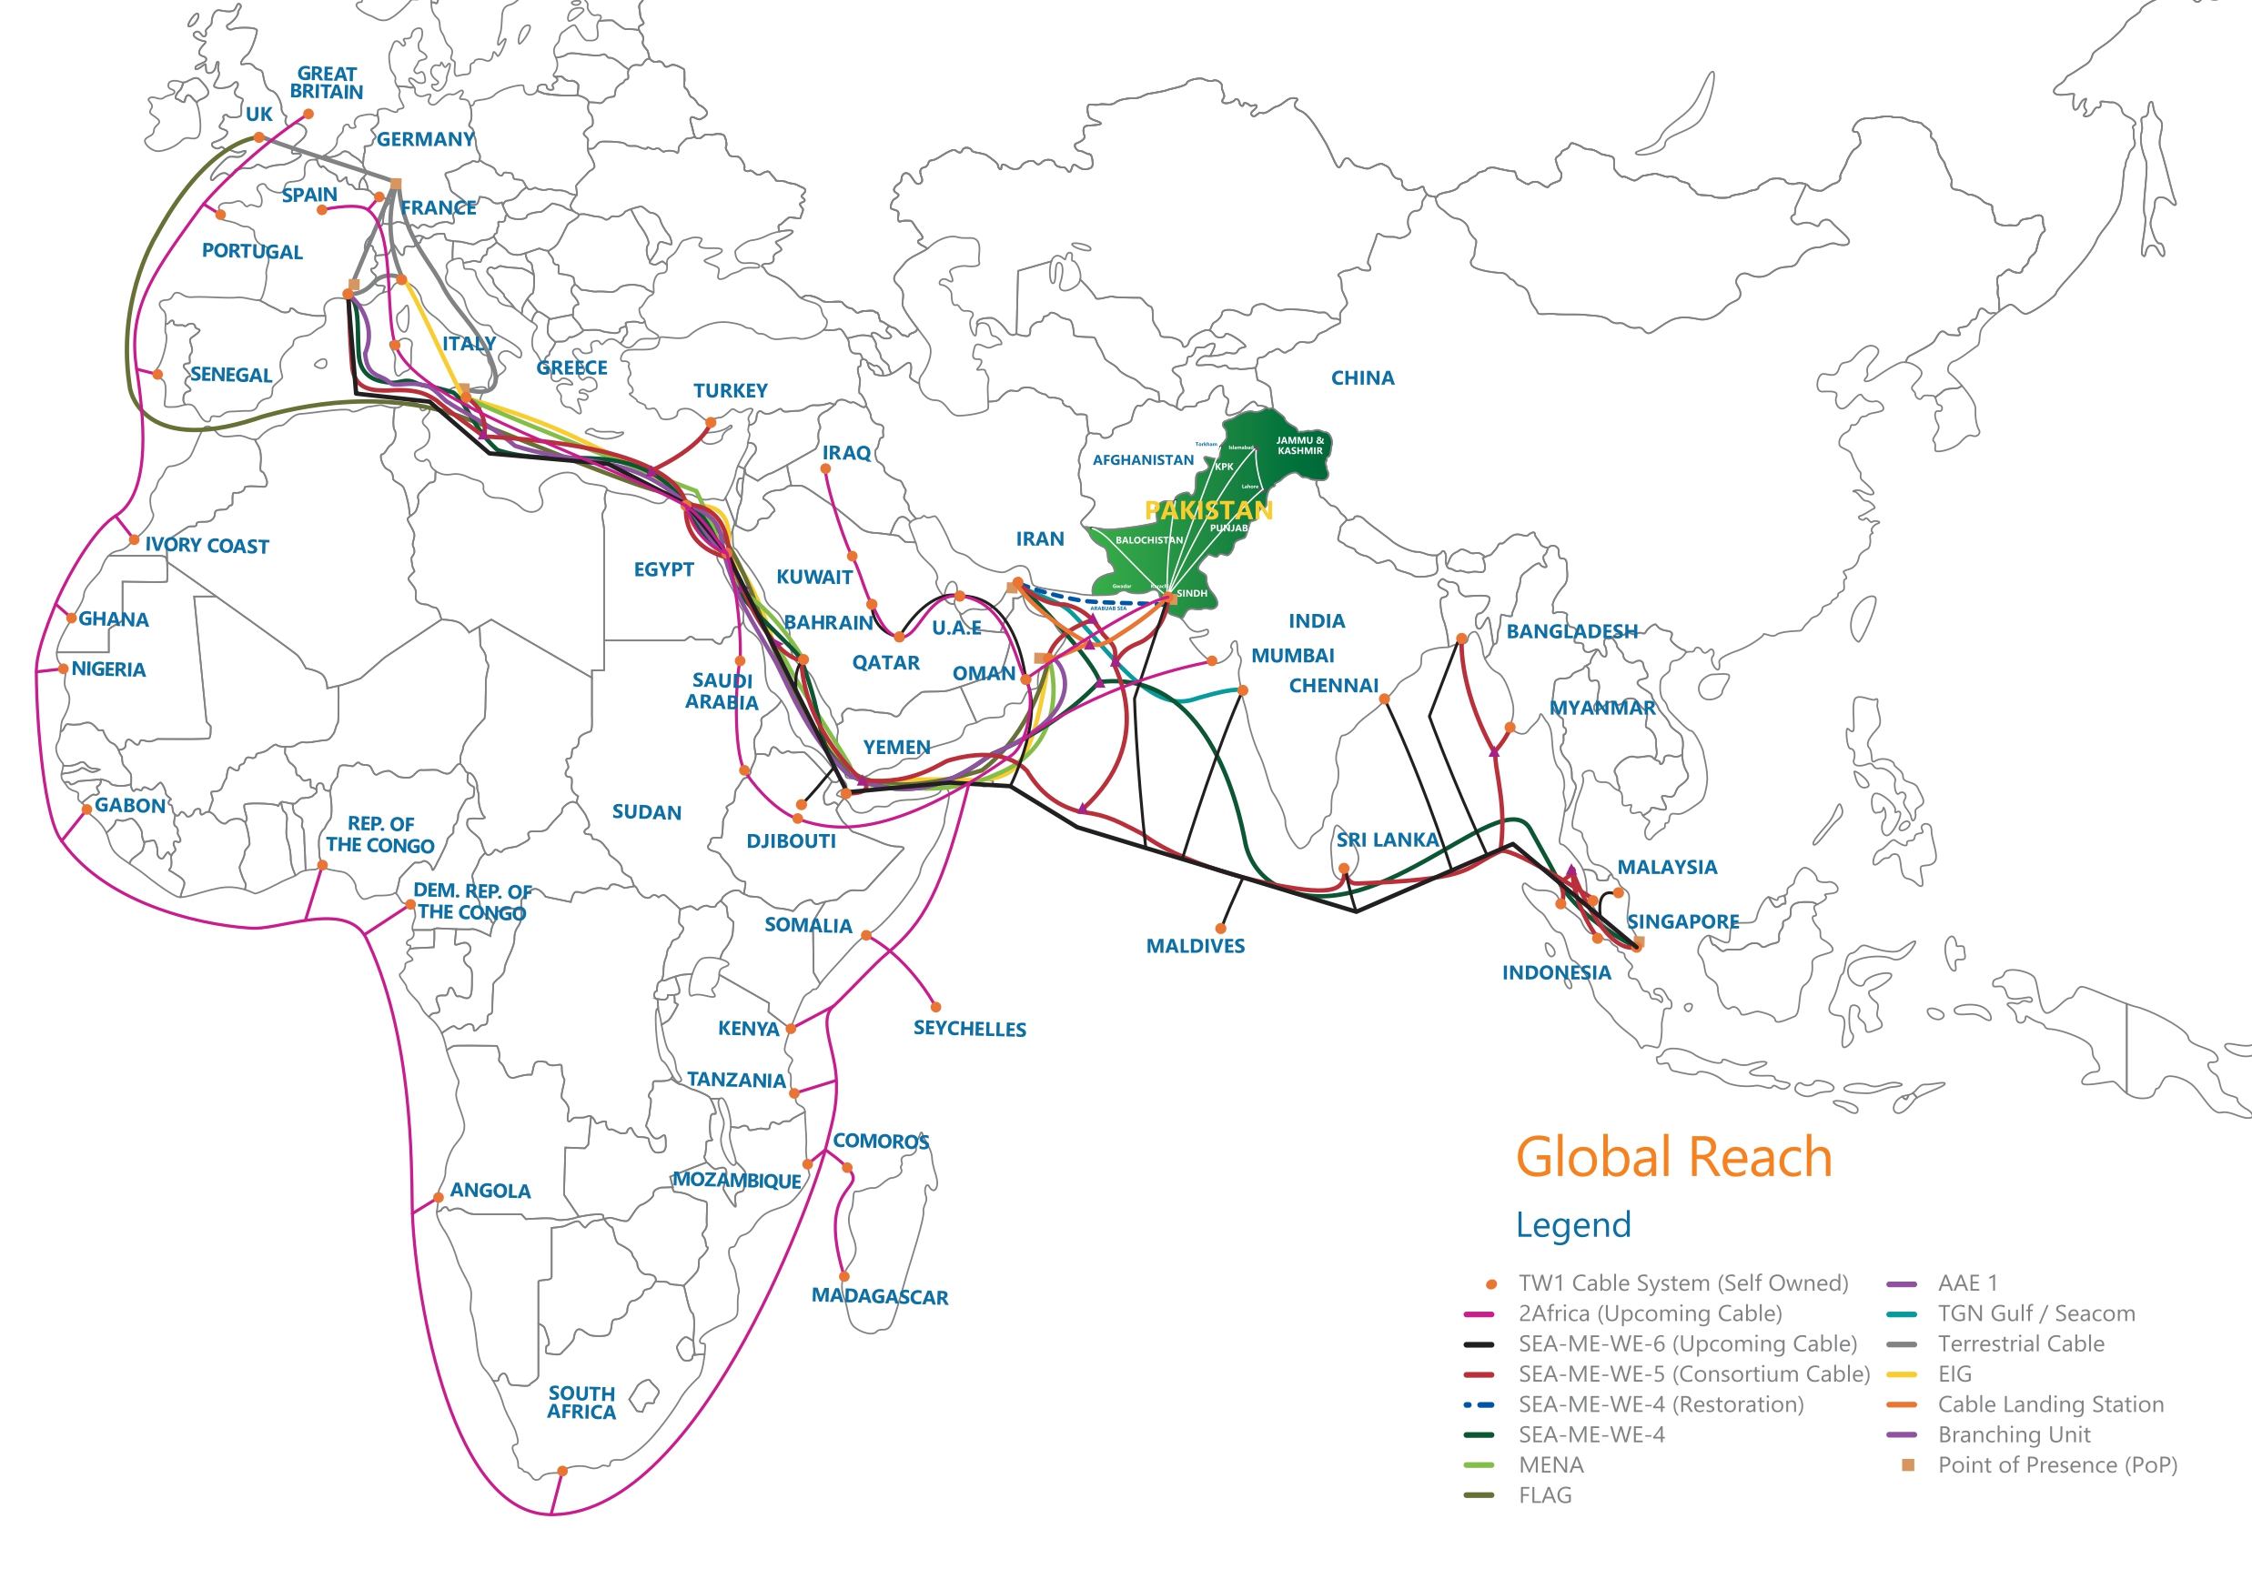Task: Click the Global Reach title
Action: point(1673,1157)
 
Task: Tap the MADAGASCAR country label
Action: point(879,1295)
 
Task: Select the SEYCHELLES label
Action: point(969,1029)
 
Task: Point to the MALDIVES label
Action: point(1195,946)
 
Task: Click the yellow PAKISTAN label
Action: point(1208,510)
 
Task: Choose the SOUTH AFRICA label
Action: point(581,1403)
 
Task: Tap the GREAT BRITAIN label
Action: point(327,83)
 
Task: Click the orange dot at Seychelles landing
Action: point(935,1007)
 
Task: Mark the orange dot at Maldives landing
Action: point(1220,929)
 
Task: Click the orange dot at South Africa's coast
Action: point(562,1471)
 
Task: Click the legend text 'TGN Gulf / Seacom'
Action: point(2035,1314)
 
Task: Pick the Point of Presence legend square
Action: point(1908,1465)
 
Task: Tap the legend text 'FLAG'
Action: point(1545,1495)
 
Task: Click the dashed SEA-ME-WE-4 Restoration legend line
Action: point(1478,1405)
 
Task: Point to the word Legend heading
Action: point(1573,1225)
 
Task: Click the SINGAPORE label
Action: point(1683,921)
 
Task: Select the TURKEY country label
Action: point(730,391)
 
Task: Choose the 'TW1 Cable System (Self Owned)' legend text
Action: point(1682,1283)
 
